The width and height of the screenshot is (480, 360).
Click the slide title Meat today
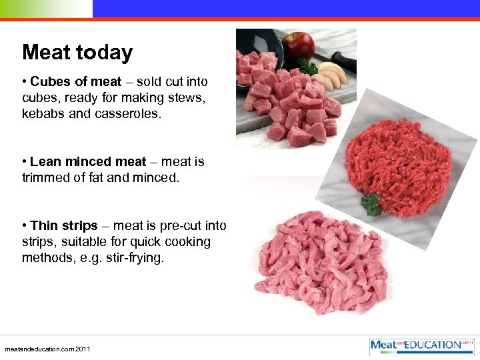pos(77,53)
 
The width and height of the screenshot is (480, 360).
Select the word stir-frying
pos(130,258)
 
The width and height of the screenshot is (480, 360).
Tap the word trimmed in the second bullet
pos(45,178)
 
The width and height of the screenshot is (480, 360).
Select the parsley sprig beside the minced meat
pos(371,203)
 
